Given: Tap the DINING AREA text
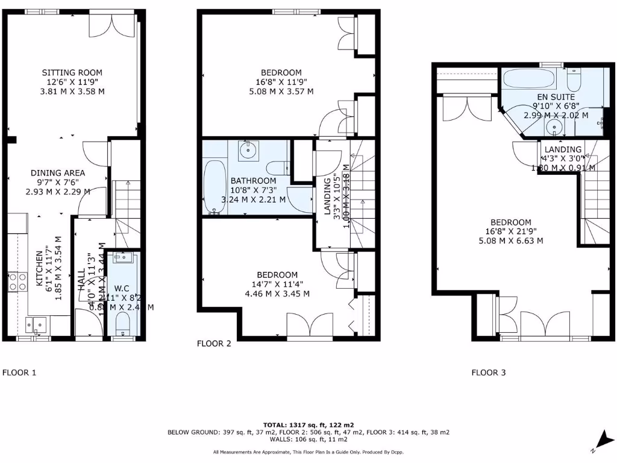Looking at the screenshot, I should tap(58, 172).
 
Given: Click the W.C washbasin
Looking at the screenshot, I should tap(122, 258).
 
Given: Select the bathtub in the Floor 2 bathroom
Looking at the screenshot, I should tap(214, 187).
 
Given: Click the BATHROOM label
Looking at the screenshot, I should tap(254, 181).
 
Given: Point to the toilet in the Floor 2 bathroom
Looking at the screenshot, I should tap(277, 168).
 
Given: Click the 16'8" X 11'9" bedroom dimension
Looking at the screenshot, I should tap(284, 82).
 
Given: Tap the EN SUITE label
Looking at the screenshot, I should tap(556, 97).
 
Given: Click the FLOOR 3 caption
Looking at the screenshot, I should tap(489, 373).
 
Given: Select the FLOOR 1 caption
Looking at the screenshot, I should tap(20, 373).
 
